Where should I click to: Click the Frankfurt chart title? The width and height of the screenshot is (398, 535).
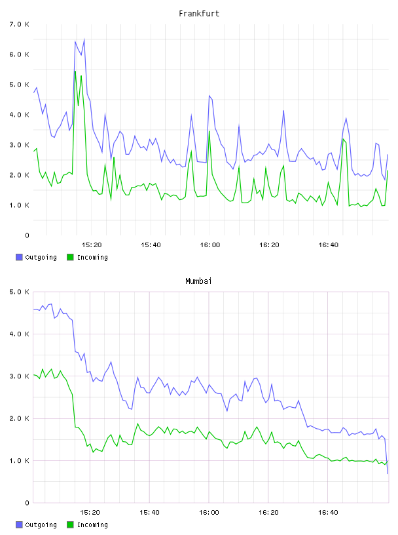[x=199, y=14]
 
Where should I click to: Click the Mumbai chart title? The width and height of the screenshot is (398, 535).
[x=198, y=281]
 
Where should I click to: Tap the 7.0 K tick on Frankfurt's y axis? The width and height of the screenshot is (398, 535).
[x=19, y=24]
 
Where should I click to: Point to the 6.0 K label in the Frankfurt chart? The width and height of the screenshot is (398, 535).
[x=19, y=54]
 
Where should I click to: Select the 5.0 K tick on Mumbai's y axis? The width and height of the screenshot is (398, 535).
[x=19, y=292]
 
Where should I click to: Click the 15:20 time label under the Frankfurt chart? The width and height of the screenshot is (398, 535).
[x=92, y=245]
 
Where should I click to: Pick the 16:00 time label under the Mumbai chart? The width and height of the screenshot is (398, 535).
[x=209, y=513]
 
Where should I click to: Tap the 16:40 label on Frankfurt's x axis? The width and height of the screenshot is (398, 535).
[x=328, y=245]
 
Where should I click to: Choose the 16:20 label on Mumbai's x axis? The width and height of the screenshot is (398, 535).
[x=268, y=513]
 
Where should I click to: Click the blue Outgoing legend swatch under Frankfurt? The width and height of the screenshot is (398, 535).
[x=19, y=257]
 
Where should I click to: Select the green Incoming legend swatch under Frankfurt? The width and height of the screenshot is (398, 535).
[x=70, y=257]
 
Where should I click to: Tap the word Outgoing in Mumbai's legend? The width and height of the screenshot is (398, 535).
[x=41, y=525]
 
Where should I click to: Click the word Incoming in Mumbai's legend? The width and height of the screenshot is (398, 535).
[x=92, y=525]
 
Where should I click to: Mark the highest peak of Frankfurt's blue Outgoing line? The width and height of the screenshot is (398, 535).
[x=84, y=39]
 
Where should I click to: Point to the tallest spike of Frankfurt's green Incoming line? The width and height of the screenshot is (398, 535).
[x=75, y=71]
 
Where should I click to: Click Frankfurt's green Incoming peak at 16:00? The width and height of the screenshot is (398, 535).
[x=209, y=131]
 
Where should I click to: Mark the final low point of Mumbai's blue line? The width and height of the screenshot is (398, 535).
[x=388, y=473]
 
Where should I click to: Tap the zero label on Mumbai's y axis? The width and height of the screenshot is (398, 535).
[x=27, y=503]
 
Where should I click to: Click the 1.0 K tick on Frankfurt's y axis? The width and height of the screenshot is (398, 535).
[x=19, y=205]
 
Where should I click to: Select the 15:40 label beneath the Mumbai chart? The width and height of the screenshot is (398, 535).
[x=149, y=513]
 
